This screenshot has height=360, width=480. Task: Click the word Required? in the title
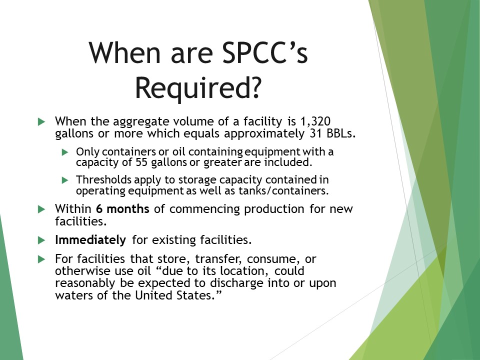coord(198,88)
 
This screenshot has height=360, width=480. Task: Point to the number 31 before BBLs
coord(311,134)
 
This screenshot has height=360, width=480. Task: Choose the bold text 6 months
coord(123,209)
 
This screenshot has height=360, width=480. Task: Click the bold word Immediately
coord(90,240)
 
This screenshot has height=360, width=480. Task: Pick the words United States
coord(184,295)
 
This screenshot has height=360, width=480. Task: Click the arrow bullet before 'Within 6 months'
coord(41,209)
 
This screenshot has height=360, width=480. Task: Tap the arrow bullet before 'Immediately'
coord(41,240)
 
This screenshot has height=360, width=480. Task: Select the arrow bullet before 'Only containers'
coord(64,151)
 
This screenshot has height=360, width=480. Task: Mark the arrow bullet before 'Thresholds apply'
coord(64,179)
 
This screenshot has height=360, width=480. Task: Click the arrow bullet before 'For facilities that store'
coord(41,259)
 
